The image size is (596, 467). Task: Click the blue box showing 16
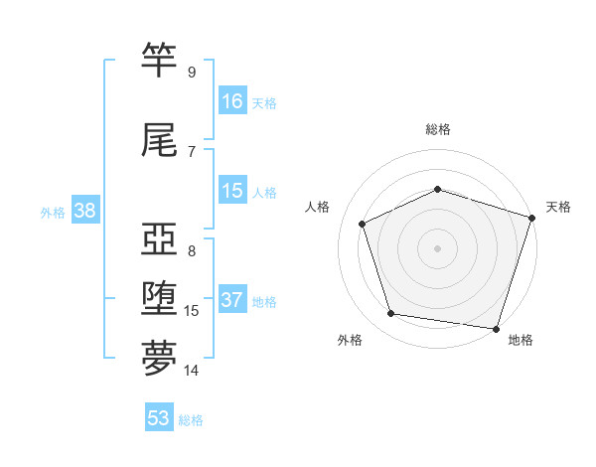pos(232,100)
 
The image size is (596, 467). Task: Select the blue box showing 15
pos(232,191)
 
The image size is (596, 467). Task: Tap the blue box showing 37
pos(232,300)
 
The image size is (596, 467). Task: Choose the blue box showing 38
pos(84,211)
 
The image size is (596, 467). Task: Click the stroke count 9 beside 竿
pos(191,72)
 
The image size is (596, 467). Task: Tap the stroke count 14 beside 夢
pos(192,371)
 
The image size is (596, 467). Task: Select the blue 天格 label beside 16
pos(264,102)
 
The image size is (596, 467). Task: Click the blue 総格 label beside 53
pos(191,420)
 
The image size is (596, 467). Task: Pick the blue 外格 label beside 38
pos(53,212)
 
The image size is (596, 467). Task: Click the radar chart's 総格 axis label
pos(437,129)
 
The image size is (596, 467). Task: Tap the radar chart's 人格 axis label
pos(318,207)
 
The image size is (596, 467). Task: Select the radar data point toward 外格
pos(391,314)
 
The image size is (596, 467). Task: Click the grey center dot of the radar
pos(437,248)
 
